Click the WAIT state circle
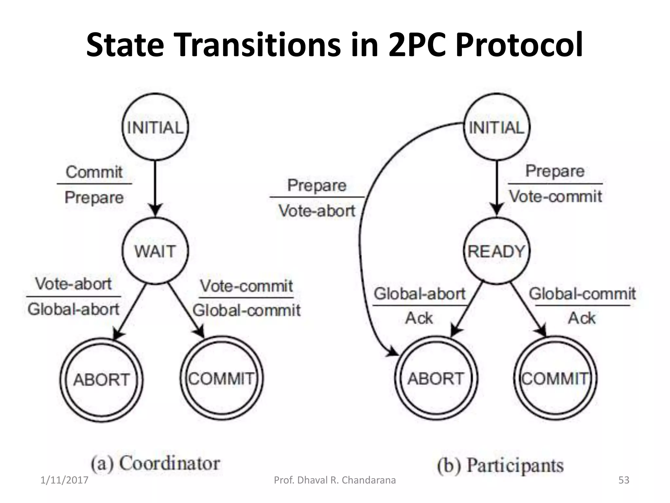pyautogui.click(x=155, y=251)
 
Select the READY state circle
pyautogui.click(x=497, y=251)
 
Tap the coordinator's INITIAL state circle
pyautogui.click(x=155, y=127)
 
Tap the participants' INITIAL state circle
pyautogui.click(x=497, y=127)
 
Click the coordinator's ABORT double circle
pyautogui.click(x=101, y=380)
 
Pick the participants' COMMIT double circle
pyautogui.click(x=555, y=379)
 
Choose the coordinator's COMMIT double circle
pyautogui.click(x=221, y=379)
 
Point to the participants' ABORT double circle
pyautogui.click(x=436, y=379)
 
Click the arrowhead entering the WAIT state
pyautogui.click(x=155, y=210)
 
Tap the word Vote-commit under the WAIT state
pyautogui.click(x=246, y=286)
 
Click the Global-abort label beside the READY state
pyautogui.click(x=419, y=293)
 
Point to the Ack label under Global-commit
pyautogui.click(x=582, y=318)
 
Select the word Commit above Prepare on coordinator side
pyautogui.click(x=94, y=172)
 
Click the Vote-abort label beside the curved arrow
pyautogui.click(x=317, y=211)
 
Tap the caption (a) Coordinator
pyautogui.click(x=155, y=463)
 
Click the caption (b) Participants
pyautogui.click(x=500, y=465)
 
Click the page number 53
pyautogui.click(x=624, y=480)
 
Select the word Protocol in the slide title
pyautogui.click(x=519, y=45)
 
